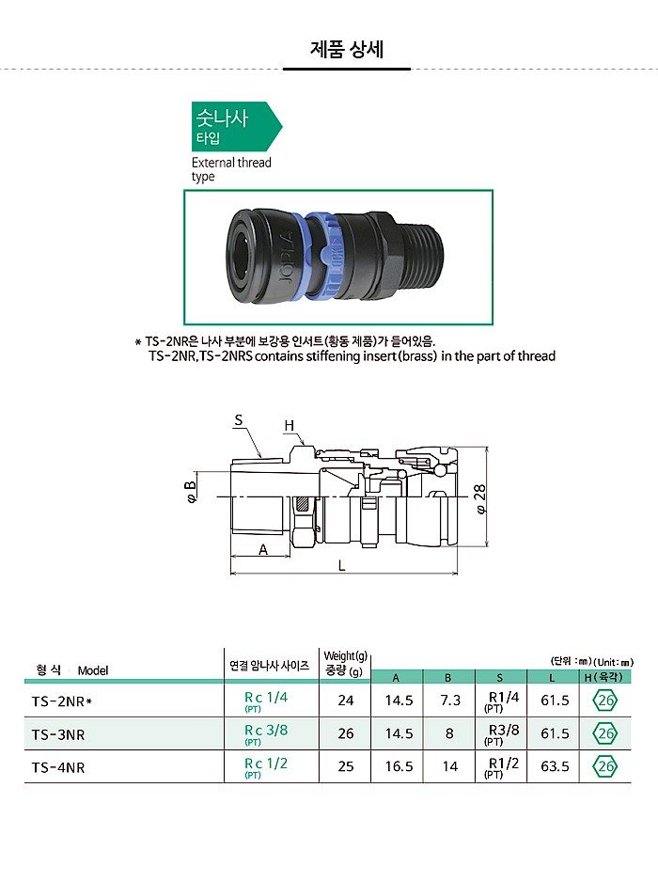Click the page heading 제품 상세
tap(346, 49)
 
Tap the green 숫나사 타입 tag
tap(233, 127)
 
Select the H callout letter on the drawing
tap(290, 426)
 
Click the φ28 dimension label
tap(479, 496)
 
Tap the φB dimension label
tap(191, 494)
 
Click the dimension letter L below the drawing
tap(341, 566)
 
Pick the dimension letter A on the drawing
tap(262, 550)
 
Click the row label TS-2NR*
tap(61, 701)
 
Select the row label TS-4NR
tap(57, 767)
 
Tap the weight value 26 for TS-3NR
tap(346, 734)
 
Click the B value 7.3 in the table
tap(449, 701)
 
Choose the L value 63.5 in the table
tap(555, 767)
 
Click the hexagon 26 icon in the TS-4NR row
tap(605, 767)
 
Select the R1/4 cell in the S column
tap(503, 700)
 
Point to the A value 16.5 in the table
tap(399, 767)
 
